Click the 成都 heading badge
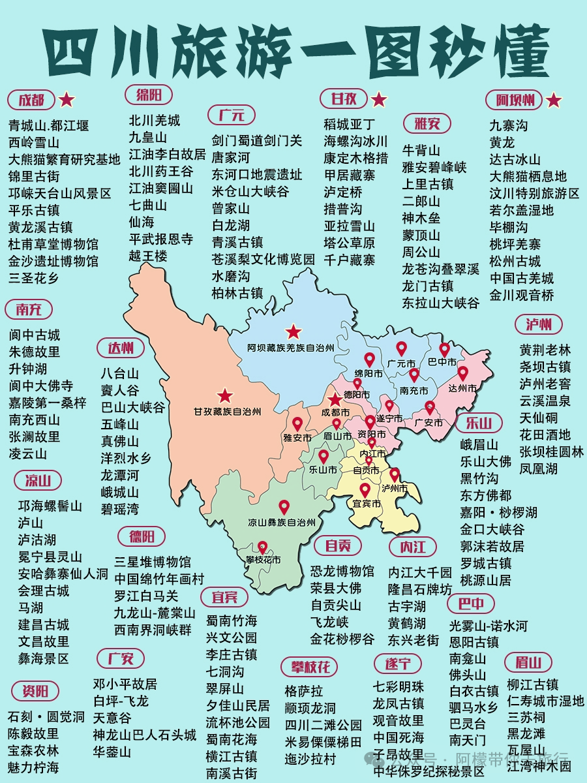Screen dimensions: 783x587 tap(31, 100)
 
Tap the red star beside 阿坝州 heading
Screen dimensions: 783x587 tap(554, 100)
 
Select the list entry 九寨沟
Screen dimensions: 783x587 tap(508, 125)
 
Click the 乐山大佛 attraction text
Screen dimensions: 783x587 tap(486, 461)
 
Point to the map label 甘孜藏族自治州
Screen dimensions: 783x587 tap(226, 412)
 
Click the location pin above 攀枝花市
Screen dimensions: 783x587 tap(263, 547)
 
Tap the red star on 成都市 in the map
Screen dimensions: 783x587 tap(334, 399)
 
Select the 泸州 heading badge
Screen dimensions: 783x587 tap(539, 324)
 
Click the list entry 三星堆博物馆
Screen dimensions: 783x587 tap(153, 562)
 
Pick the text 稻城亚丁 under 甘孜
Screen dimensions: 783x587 tap(350, 124)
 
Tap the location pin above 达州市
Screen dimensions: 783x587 tap(462, 374)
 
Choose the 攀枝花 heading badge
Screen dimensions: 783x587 tap(310, 666)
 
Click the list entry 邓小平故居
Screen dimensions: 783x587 tap(125, 684)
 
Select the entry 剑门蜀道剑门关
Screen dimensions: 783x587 tap(256, 140)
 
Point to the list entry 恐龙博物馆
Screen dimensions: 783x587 tap(342, 571)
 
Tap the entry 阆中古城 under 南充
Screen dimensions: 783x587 tap(35, 335)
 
